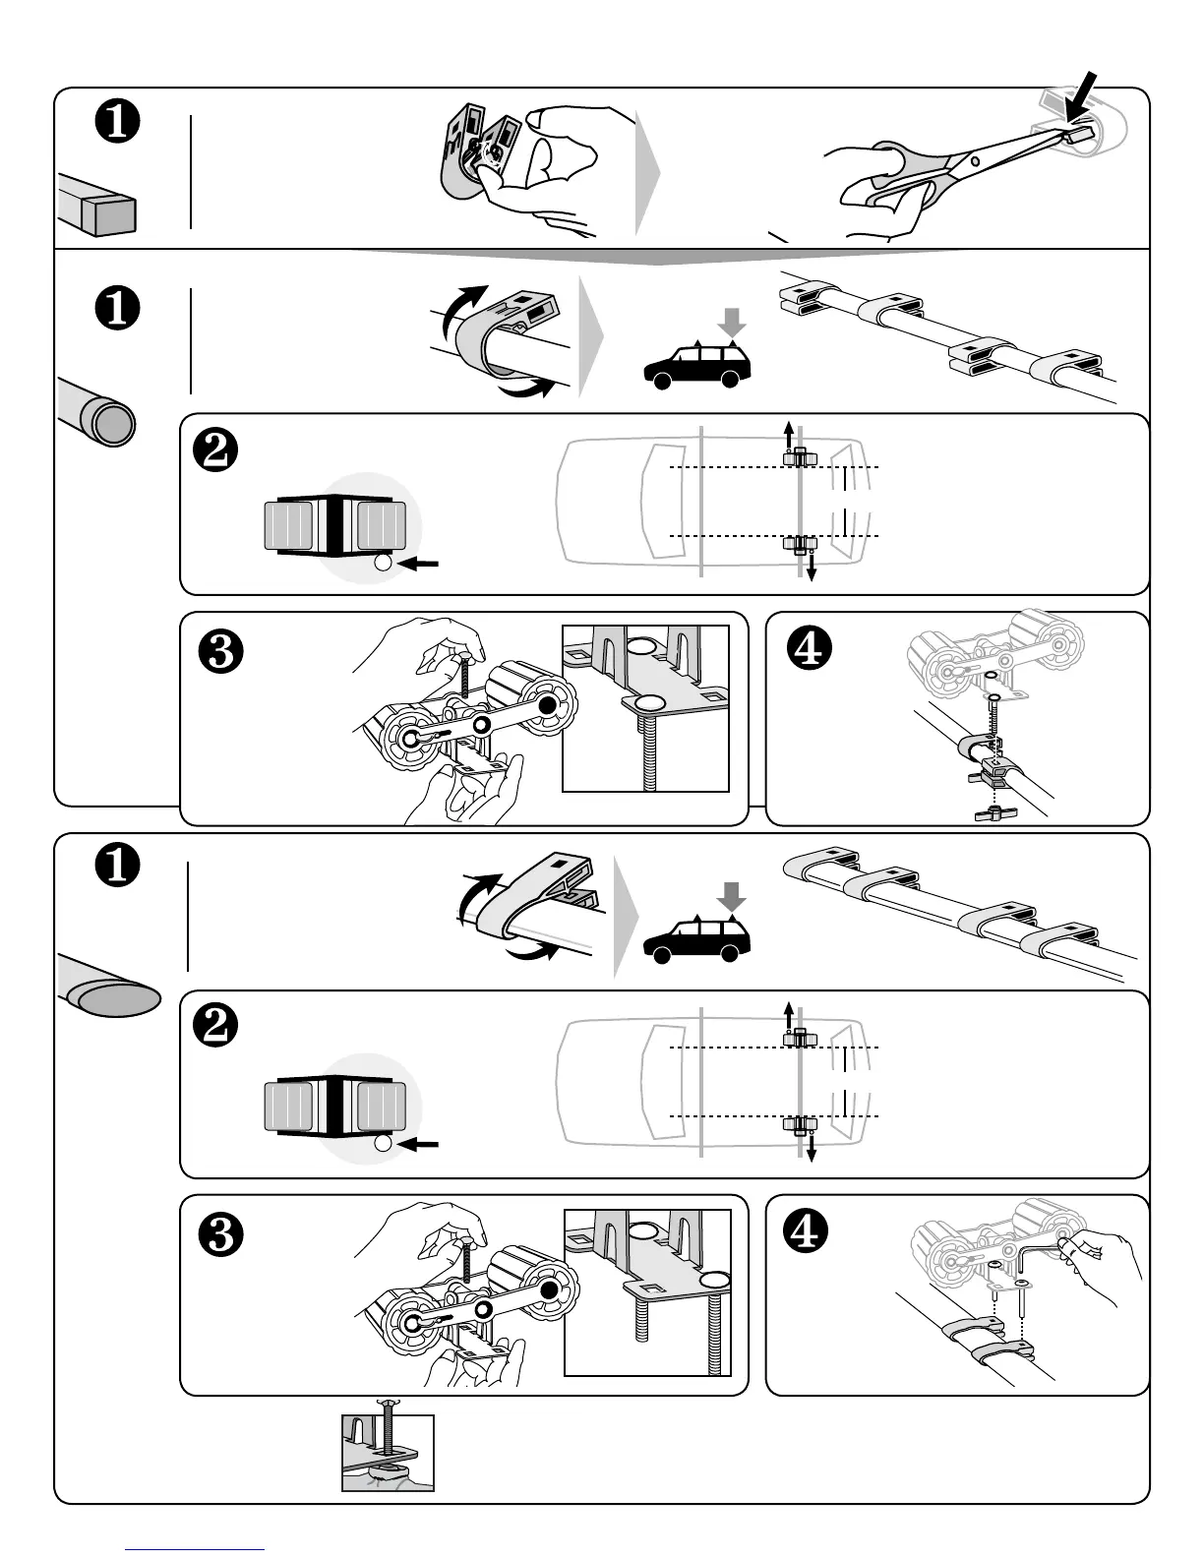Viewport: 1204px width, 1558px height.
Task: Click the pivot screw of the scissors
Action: (x=974, y=160)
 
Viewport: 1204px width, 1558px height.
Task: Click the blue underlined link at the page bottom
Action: (x=196, y=1549)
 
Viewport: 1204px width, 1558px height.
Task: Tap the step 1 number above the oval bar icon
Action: (x=116, y=867)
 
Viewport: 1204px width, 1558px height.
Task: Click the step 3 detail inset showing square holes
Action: (x=647, y=1291)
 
